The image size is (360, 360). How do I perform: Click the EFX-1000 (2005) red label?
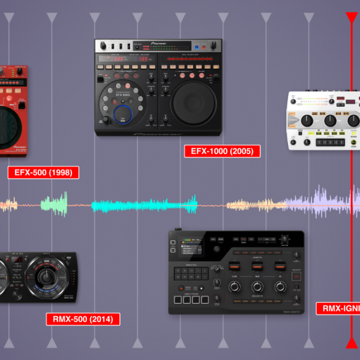(222, 151)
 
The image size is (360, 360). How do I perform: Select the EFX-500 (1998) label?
(43, 173)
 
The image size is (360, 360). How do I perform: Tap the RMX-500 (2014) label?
(83, 319)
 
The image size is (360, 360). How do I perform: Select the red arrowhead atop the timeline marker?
(351, 17)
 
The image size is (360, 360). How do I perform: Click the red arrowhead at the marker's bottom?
(351, 343)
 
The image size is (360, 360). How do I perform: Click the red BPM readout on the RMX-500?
(19, 259)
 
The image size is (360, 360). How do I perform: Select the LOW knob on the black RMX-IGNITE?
(235, 287)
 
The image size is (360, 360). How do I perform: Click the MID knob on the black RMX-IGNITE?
(257, 287)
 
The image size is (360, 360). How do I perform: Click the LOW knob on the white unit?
(307, 121)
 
